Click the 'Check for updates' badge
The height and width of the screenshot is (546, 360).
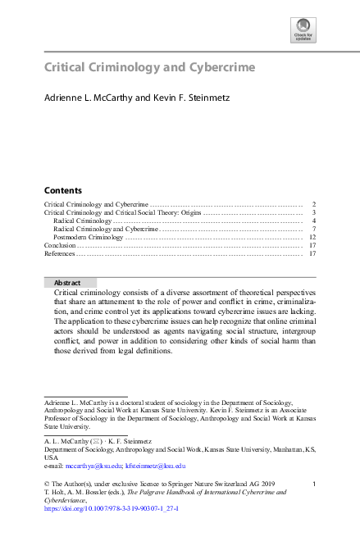pyautogui.click(x=303, y=30)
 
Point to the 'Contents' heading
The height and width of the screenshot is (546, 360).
pyautogui.click(x=62, y=189)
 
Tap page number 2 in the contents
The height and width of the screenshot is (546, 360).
pyautogui.click(x=314, y=203)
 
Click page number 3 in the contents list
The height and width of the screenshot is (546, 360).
pyautogui.click(x=314, y=212)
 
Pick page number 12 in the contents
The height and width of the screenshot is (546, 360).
pyautogui.click(x=312, y=237)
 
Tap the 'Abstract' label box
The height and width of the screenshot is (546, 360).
pyautogui.click(x=67, y=282)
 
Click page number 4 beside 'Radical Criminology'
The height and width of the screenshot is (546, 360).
pyautogui.click(x=314, y=221)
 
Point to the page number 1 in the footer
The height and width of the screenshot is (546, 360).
pyautogui.click(x=315, y=485)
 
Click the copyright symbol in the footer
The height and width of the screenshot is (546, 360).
pyautogui.click(x=47, y=485)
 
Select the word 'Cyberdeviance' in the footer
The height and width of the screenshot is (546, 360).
pyautogui.click(x=70, y=500)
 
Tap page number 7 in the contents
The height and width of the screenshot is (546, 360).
pyautogui.click(x=314, y=229)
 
